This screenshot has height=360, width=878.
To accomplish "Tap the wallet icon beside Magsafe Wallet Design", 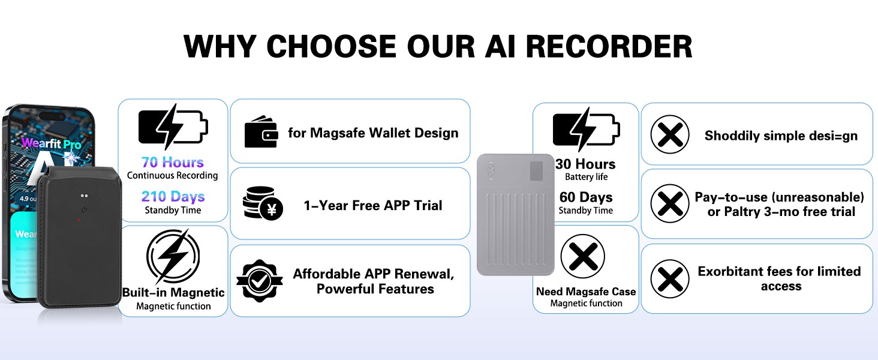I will tap(261, 133).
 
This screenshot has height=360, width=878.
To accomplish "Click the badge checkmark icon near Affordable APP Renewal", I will tap(259, 281).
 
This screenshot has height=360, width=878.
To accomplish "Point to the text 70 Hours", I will tap(173, 162).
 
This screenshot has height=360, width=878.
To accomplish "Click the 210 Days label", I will tap(173, 196).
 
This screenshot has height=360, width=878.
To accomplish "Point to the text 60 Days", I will tap(586, 197).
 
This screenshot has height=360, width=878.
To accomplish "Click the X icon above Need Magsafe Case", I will tap(582, 257).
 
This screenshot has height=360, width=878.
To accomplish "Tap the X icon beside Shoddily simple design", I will tap(670, 134).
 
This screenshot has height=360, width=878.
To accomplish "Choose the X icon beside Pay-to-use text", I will tap(670, 204).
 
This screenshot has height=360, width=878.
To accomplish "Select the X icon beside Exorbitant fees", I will tap(670, 279).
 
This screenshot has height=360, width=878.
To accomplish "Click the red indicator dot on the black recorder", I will tap(79, 220).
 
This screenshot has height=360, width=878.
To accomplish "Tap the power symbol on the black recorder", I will tap(84, 209).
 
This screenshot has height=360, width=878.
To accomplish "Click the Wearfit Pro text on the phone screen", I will tap(51, 143).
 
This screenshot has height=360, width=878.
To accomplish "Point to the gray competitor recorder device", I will tap(515, 214).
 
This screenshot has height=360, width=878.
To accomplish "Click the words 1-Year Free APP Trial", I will tap(372, 205).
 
